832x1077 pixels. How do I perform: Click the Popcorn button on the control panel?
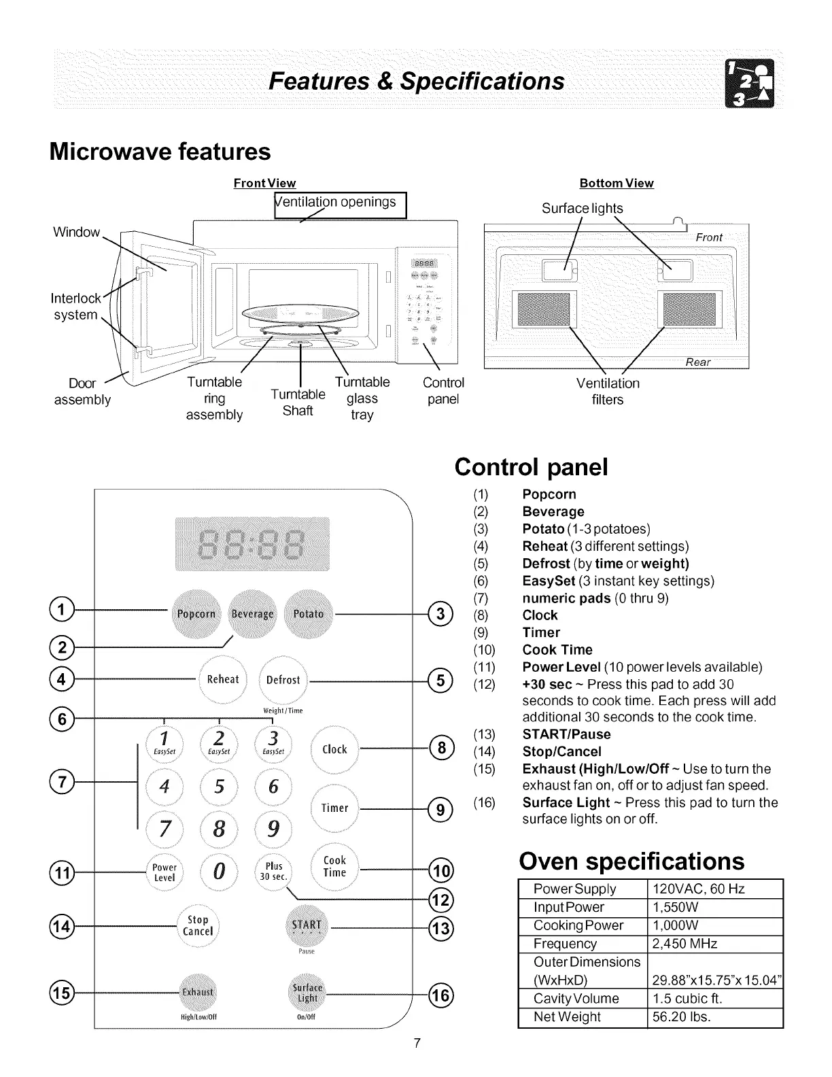tap(196, 614)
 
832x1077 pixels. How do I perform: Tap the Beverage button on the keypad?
tap(253, 614)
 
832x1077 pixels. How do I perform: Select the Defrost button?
tap(283, 679)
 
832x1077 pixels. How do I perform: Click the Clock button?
tap(334, 749)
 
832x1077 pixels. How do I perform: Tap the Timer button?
tap(334, 808)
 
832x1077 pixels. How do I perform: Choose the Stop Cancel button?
tap(198, 925)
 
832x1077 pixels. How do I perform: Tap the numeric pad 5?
tap(219, 787)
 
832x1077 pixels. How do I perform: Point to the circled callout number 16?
tap(440, 996)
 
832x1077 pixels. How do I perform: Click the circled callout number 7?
tap(62, 782)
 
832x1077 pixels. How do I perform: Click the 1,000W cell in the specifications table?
tap(676, 925)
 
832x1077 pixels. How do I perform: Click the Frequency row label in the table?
tap(566, 944)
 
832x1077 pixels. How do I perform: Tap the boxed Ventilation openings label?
tap(340, 205)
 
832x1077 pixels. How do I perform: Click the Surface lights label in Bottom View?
tap(582, 208)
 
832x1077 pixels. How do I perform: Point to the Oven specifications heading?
tap(631, 861)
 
